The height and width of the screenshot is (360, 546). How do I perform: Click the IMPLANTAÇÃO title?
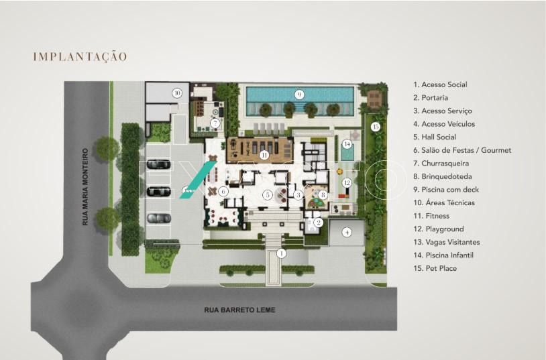coord(80,57)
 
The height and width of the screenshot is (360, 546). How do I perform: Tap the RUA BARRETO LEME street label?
coord(239,310)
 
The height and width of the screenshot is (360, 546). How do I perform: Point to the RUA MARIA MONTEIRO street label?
coord(85,187)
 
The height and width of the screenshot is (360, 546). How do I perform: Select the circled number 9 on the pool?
coord(298,95)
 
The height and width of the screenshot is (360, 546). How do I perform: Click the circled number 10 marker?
coord(177,93)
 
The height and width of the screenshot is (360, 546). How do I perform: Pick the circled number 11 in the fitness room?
coord(264,155)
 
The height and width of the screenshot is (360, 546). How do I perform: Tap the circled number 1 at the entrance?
coord(281,253)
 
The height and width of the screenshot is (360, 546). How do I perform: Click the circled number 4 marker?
coord(347,232)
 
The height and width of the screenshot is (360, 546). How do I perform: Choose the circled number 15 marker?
coord(375,127)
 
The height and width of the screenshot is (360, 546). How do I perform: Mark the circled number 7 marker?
coord(215,123)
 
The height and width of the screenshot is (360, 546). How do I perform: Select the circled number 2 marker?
coord(318,222)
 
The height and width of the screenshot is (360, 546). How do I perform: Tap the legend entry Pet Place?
coord(435,268)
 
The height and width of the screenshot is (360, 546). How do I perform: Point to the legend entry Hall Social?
coord(435,137)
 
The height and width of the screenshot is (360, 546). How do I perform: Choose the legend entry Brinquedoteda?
coord(443,176)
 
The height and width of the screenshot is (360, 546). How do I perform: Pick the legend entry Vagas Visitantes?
coord(447,242)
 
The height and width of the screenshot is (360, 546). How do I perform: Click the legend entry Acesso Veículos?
coord(444,124)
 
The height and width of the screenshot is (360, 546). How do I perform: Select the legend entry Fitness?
coord(431,216)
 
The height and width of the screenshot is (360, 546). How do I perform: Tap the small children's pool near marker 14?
coord(347,152)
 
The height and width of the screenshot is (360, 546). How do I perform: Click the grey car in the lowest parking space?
coord(159,219)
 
